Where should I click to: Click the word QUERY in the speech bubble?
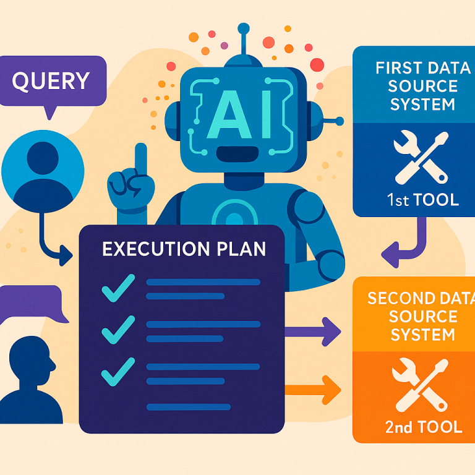coord(51,80)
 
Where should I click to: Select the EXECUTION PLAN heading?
coord(184,249)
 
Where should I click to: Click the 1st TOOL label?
coord(422,200)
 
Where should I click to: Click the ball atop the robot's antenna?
coord(244,28)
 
